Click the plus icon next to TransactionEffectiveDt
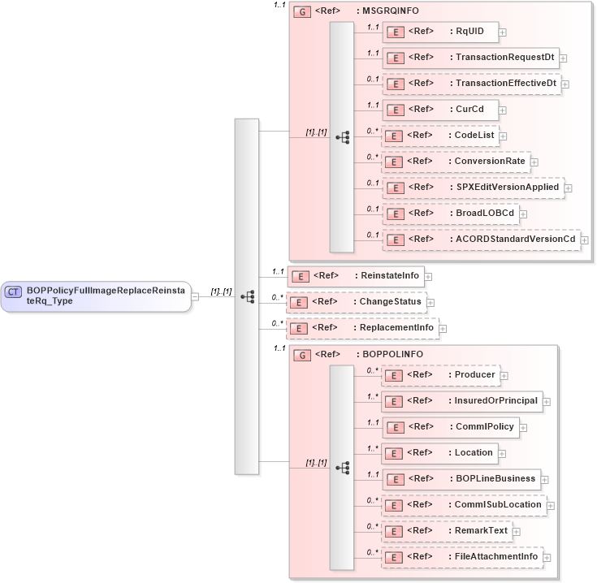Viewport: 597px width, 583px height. (x=565, y=84)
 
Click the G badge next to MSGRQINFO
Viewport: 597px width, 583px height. (x=301, y=12)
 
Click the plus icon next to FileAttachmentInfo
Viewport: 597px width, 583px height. (x=547, y=558)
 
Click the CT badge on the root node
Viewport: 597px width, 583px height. (x=14, y=291)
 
